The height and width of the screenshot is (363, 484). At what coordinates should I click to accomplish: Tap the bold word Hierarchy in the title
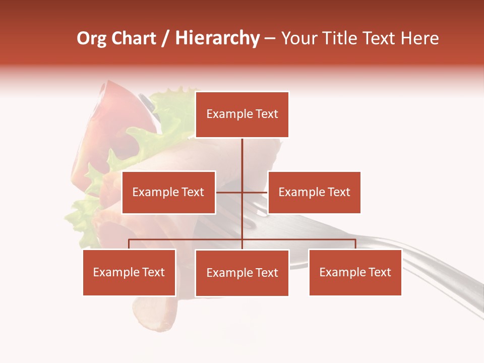217,39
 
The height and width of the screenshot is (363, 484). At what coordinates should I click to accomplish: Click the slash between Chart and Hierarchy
166,39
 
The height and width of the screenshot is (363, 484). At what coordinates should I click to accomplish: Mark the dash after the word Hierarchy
270,39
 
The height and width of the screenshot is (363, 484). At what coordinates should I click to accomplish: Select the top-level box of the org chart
242,114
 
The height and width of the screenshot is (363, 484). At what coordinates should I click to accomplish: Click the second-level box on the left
168,192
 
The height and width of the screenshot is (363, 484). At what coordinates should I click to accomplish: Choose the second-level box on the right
314,192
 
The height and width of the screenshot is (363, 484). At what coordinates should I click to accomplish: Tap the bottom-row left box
129,273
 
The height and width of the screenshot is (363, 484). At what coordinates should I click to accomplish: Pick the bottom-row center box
242,273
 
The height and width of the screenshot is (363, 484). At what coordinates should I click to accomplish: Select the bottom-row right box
355,273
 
